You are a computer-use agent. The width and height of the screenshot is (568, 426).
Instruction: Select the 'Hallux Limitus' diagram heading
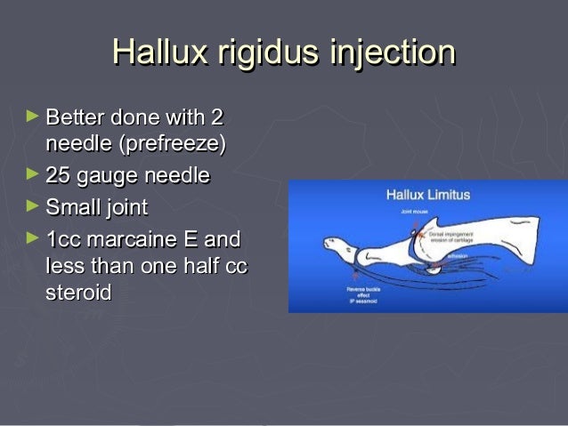(x=427, y=193)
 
